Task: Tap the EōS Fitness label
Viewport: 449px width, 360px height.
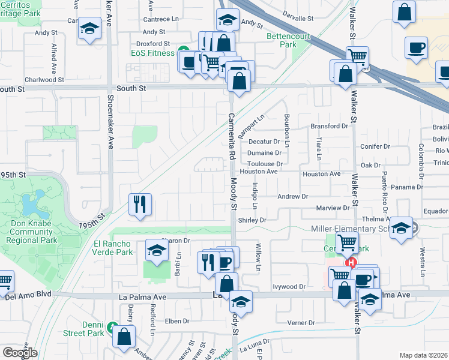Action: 152,53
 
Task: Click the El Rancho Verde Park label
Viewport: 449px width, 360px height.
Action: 113,248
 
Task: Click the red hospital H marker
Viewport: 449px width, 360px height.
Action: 351,263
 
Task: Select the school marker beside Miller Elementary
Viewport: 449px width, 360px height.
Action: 400,228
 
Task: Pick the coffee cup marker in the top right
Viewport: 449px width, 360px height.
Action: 416,46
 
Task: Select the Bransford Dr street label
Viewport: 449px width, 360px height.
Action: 329,126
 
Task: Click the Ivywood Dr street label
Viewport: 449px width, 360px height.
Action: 289,287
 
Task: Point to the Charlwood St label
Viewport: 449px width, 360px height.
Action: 44,79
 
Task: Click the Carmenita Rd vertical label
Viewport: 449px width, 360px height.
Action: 231,136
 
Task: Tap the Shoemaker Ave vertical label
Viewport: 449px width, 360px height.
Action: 110,125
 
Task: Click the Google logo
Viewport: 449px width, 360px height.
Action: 19,353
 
